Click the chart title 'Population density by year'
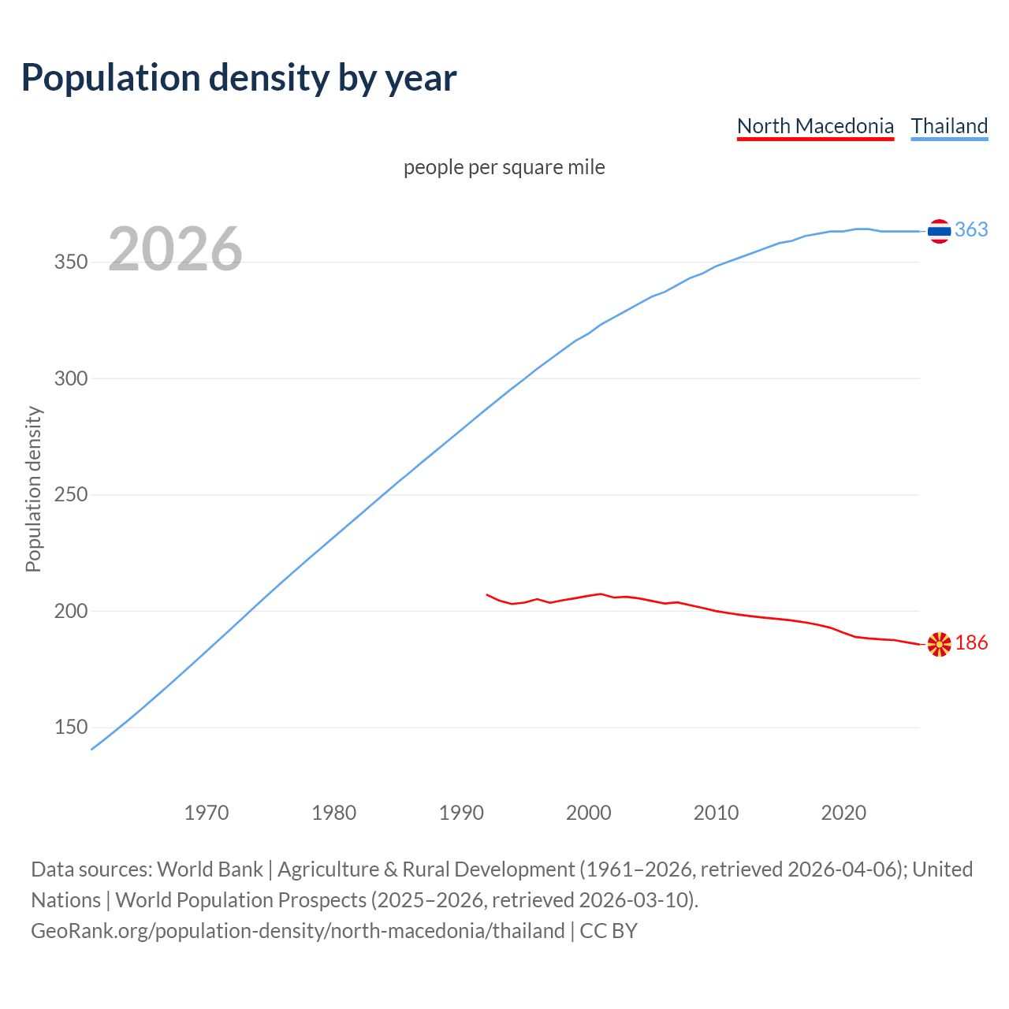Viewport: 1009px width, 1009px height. tap(239, 77)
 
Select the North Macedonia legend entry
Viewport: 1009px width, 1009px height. tap(815, 126)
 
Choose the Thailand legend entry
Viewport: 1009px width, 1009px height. tap(949, 126)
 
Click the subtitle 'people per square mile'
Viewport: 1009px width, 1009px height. tap(504, 167)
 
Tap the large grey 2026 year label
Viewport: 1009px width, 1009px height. tap(175, 249)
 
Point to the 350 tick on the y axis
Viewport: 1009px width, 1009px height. tap(70, 262)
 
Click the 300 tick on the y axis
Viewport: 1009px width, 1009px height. tap(70, 379)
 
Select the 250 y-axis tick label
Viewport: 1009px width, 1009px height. tap(70, 495)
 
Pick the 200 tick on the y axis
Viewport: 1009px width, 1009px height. tap(70, 612)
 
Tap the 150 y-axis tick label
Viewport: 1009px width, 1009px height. tap(70, 728)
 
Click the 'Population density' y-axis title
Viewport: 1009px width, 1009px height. tap(33, 489)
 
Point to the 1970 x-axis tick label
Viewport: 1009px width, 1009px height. tap(207, 813)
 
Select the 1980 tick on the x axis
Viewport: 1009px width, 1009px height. tap(334, 813)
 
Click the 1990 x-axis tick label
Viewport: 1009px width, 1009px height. tap(461, 813)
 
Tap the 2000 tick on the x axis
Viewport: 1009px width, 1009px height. tap(589, 813)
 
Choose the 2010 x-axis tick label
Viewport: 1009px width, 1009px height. tap(716, 813)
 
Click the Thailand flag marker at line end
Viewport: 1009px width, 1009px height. tap(939, 231)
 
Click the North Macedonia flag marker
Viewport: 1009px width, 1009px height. tap(939, 644)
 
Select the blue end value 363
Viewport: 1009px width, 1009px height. tap(971, 229)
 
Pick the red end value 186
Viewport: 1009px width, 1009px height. tap(971, 643)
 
